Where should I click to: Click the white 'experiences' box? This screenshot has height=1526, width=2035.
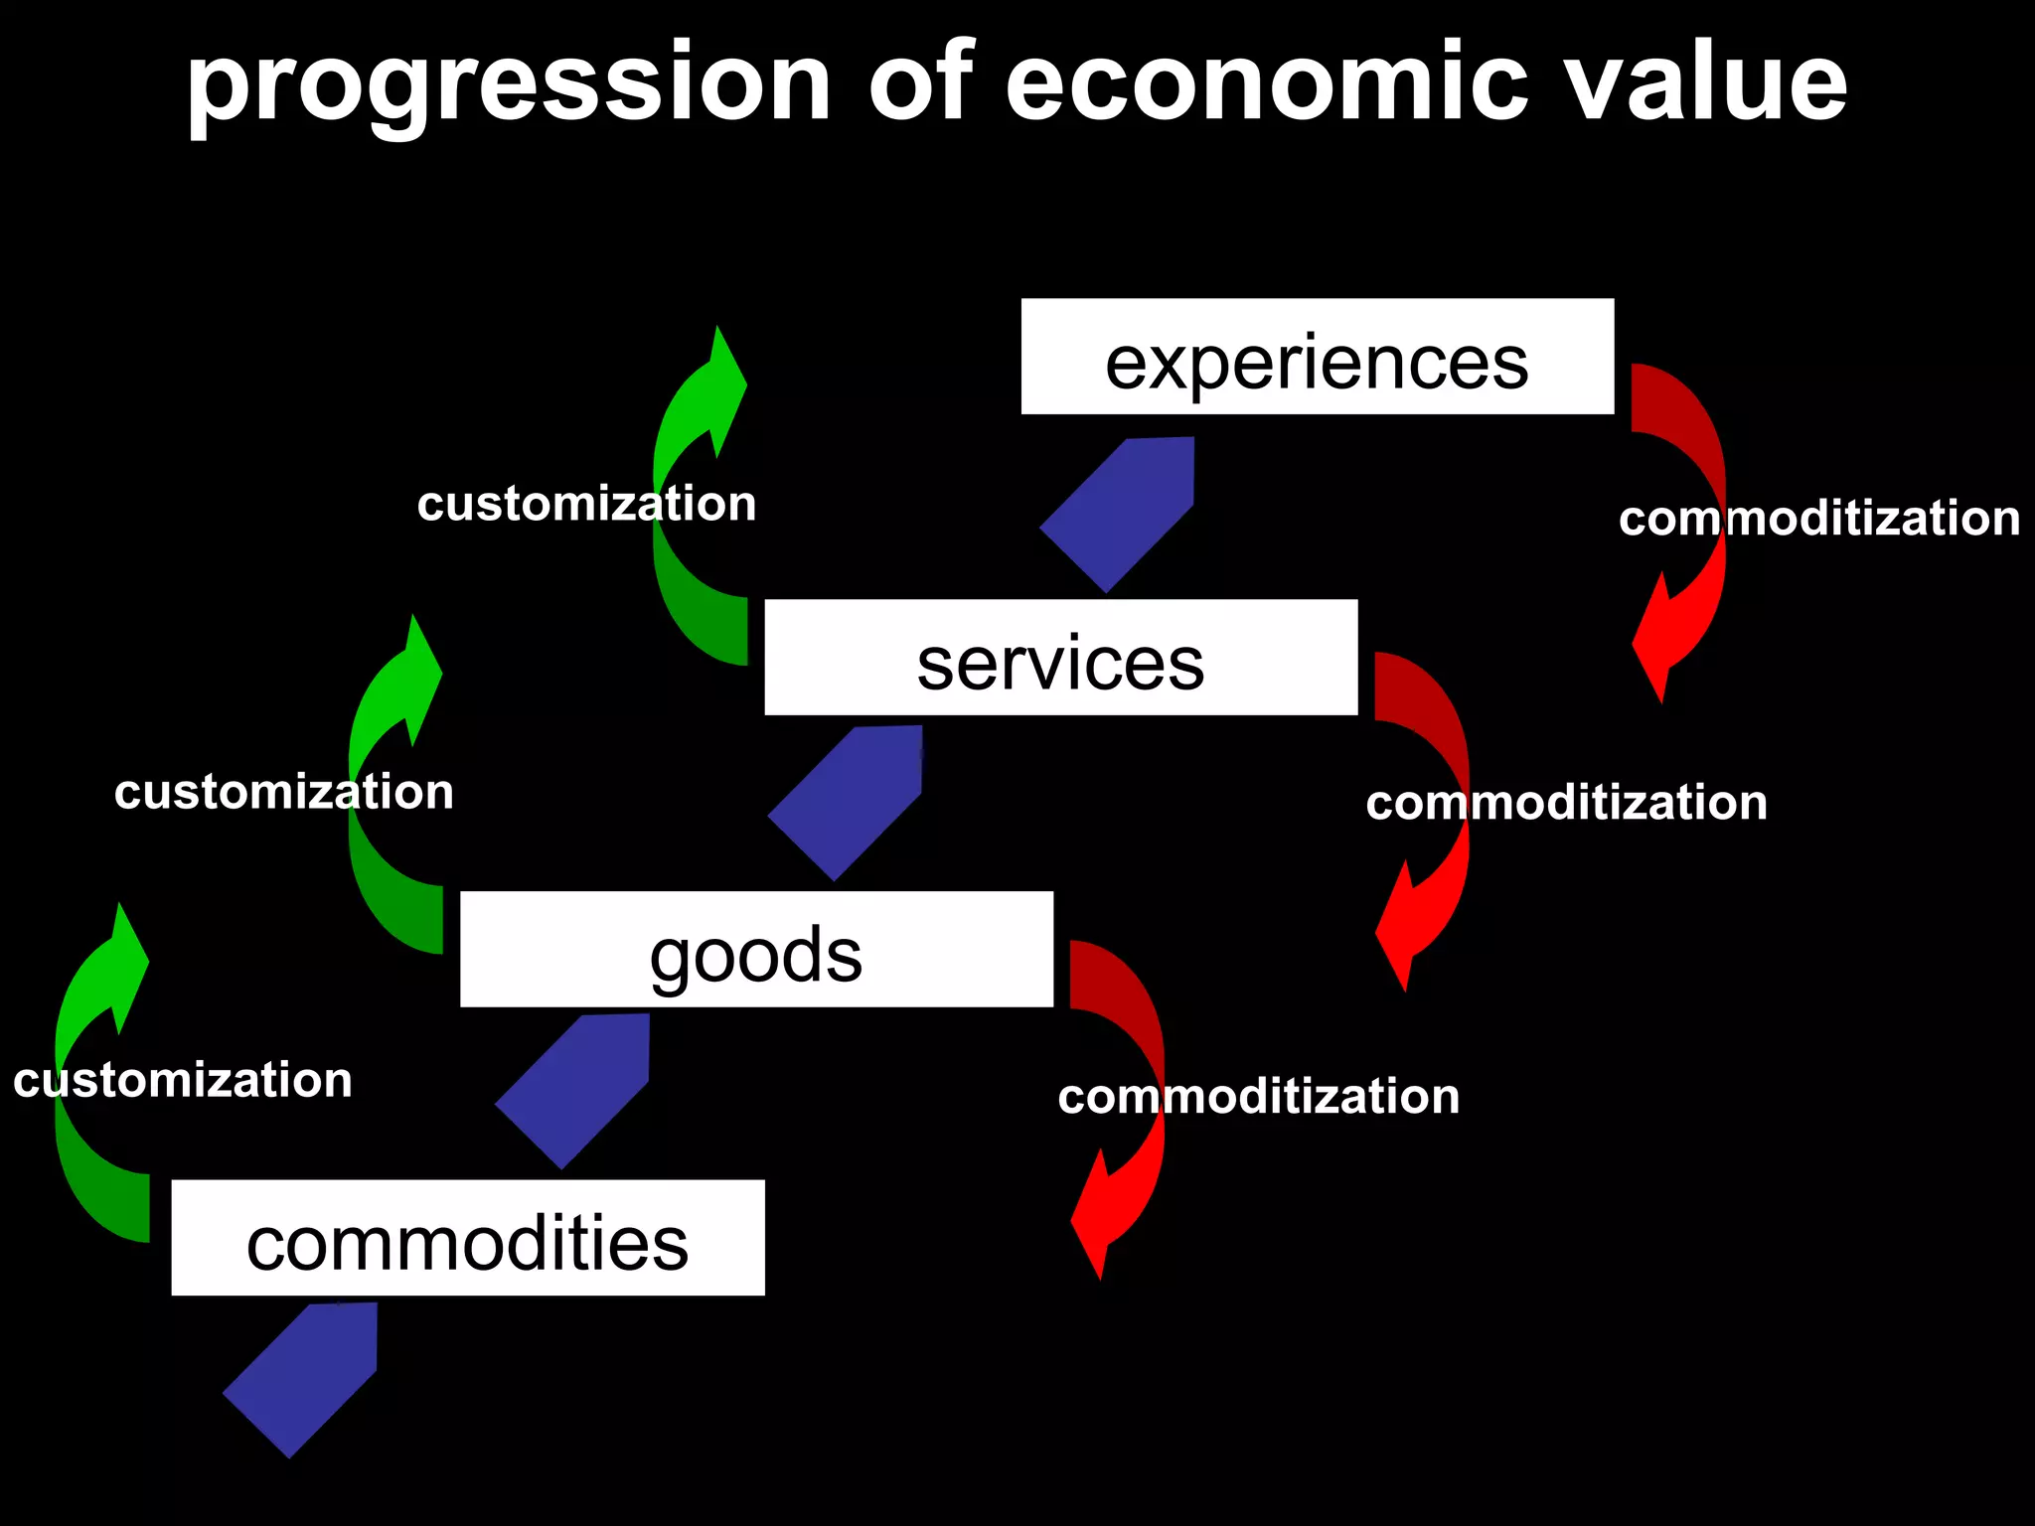1317,357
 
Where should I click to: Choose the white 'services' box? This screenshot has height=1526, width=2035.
1060,658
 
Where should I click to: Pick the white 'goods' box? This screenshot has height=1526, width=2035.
756,950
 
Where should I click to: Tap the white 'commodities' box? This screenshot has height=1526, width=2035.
467,1238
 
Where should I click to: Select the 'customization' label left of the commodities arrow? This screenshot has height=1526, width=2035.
183,1081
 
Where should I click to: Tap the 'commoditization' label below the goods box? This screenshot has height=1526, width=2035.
1258,1097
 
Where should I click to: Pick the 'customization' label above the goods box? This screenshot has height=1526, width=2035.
283,793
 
